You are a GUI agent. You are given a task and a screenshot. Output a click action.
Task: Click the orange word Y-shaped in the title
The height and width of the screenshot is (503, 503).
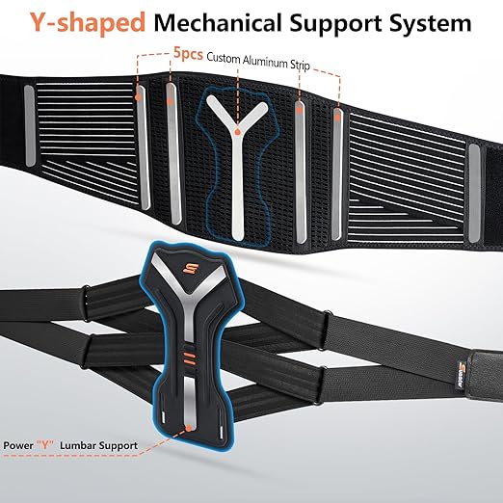click(x=88, y=22)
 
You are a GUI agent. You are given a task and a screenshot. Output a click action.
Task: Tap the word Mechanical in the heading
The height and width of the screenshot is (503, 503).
click(x=219, y=22)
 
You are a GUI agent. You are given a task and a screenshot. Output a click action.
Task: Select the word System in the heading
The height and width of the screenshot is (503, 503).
click(x=431, y=23)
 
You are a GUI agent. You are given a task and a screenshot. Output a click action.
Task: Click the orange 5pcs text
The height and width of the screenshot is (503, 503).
click(x=188, y=53)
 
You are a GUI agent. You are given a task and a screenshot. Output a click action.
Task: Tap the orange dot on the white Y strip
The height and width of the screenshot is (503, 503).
click(x=237, y=132)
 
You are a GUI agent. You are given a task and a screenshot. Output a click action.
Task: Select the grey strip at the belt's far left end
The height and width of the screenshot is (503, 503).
click(x=30, y=126)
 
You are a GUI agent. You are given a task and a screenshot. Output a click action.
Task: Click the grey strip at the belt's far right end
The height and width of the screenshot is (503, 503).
click(x=474, y=194)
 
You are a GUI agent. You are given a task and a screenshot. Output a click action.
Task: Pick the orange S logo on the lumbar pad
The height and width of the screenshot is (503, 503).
click(x=188, y=268)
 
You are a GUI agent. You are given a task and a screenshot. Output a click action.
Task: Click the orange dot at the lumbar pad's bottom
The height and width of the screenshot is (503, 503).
click(x=189, y=428)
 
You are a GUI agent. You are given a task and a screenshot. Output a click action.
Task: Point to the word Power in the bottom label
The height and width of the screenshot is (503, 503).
click(x=18, y=445)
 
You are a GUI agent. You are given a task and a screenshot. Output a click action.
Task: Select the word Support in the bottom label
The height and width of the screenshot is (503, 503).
click(x=119, y=446)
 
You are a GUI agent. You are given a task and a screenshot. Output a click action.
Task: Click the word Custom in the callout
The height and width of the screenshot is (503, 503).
click(x=224, y=58)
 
